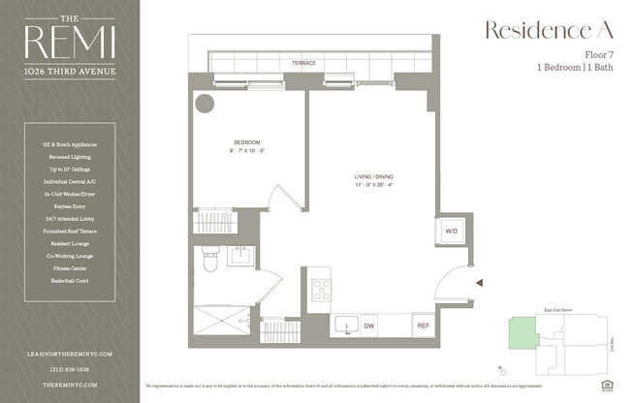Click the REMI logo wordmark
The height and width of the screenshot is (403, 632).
[71, 42]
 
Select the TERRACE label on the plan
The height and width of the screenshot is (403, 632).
[304, 64]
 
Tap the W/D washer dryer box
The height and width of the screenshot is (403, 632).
[451, 232]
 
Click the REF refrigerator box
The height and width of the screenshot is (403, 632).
[423, 325]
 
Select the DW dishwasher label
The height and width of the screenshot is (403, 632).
[369, 326]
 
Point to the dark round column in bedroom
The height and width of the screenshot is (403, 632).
[205, 103]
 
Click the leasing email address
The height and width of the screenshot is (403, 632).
[70, 355]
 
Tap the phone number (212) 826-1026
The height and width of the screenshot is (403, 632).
[70, 368]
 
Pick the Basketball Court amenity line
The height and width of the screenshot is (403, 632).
[70, 280]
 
